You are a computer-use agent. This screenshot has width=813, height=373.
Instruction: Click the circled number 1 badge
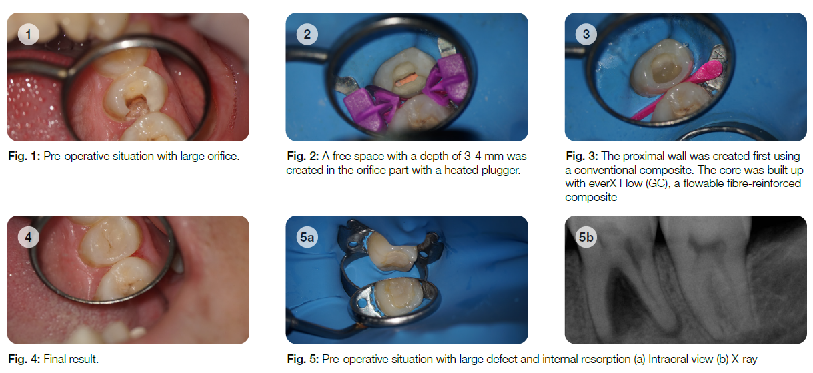28,34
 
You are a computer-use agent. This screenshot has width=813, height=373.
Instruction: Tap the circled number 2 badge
307,34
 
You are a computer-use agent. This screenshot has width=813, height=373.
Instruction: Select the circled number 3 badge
586,34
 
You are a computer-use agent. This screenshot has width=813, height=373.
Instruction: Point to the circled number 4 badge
28,237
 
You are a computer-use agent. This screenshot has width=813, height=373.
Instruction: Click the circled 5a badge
307,237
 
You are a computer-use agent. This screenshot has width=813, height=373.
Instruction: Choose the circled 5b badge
586,237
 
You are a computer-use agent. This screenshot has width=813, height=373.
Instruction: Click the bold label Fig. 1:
24,157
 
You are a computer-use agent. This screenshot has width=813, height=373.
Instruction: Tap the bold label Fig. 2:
303,157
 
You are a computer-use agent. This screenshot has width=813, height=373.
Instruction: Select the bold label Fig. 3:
582,157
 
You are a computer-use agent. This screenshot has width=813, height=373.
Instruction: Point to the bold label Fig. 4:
24,359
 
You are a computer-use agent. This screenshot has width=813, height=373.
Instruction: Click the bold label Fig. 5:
303,359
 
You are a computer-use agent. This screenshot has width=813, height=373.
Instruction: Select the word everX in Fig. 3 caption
602,183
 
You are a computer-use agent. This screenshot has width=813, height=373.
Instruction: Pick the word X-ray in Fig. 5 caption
744,359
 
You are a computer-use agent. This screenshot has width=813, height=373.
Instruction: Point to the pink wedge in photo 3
678,90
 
